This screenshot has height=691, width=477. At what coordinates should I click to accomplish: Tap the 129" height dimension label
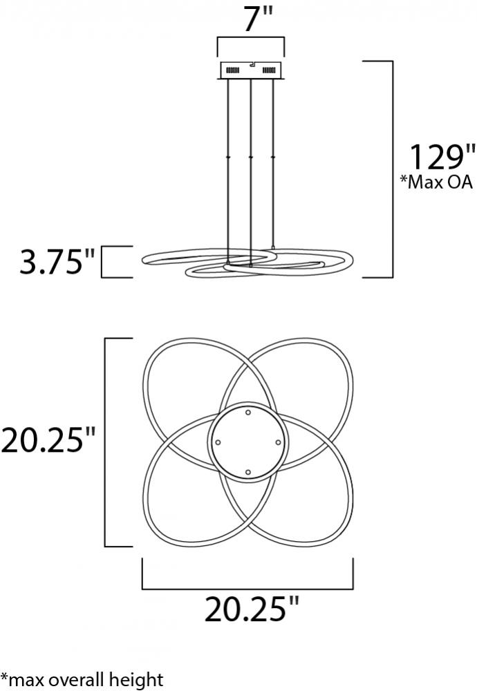click(442, 158)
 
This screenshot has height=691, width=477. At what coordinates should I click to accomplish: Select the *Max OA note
click(436, 182)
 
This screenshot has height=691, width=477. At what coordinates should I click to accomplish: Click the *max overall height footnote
click(82, 679)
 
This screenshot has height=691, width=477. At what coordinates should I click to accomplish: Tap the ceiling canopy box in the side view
click(250, 70)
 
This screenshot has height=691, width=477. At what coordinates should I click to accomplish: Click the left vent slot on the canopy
click(232, 70)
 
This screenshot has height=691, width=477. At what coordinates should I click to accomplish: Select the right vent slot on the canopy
click(268, 70)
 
